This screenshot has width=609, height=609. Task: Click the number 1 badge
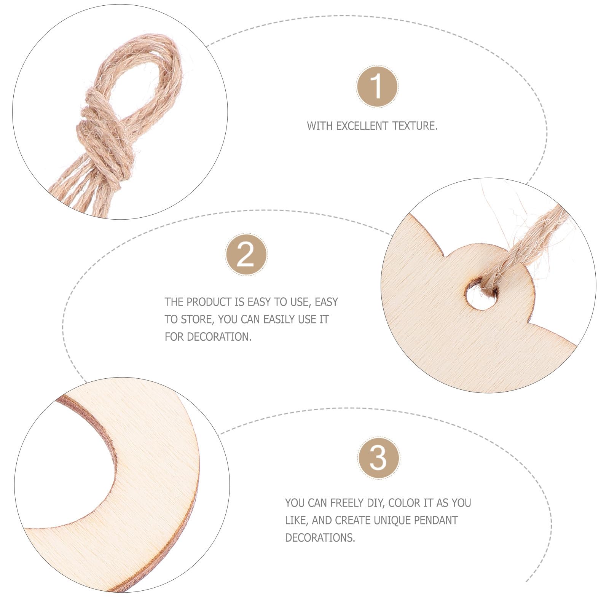point(377,86)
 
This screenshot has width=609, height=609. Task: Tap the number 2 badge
point(246,255)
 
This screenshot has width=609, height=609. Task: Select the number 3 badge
point(378,458)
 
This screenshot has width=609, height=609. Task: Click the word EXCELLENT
point(362,126)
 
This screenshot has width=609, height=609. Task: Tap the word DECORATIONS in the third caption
point(320,538)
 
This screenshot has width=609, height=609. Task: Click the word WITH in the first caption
point(319,126)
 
